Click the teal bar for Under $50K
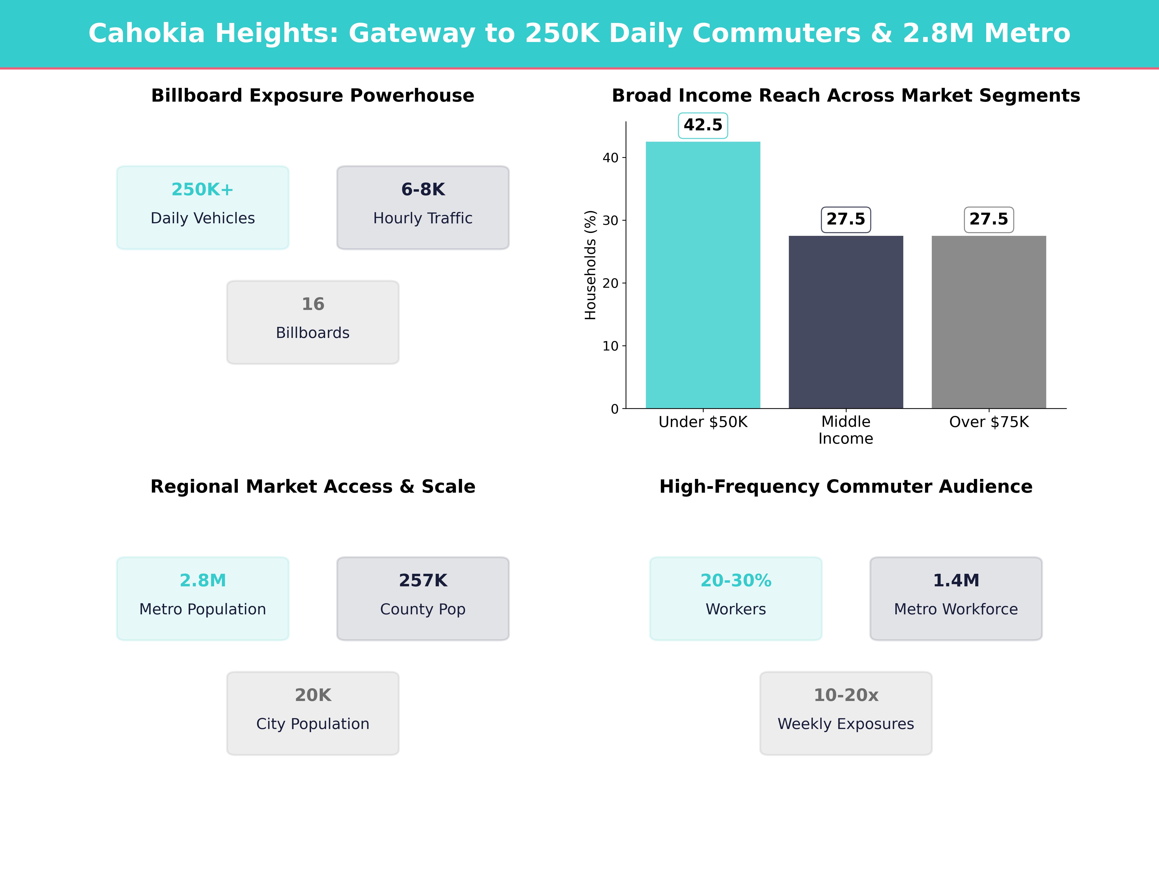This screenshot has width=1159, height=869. pyautogui.click(x=703, y=275)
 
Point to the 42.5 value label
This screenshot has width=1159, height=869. pyautogui.click(x=703, y=125)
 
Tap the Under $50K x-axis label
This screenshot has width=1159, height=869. pyautogui.click(x=703, y=422)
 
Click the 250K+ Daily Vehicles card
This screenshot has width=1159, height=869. pyautogui.click(x=203, y=207)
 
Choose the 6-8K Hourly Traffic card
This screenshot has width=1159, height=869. pyautogui.click(x=423, y=207)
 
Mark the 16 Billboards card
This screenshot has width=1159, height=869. pyautogui.click(x=313, y=322)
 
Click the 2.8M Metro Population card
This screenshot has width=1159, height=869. pyautogui.click(x=203, y=598)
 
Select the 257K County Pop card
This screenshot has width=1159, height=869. pyautogui.click(x=423, y=598)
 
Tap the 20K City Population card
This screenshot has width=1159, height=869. pyautogui.click(x=313, y=713)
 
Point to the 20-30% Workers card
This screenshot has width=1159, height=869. pyautogui.click(x=736, y=598)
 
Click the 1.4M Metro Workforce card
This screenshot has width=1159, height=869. pyautogui.click(x=956, y=598)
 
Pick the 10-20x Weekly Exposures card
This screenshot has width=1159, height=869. pyautogui.click(x=846, y=713)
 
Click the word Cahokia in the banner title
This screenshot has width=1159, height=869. pyautogui.click(x=147, y=34)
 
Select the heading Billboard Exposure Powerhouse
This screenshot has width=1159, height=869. pyautogui.click(x=313, y=96)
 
